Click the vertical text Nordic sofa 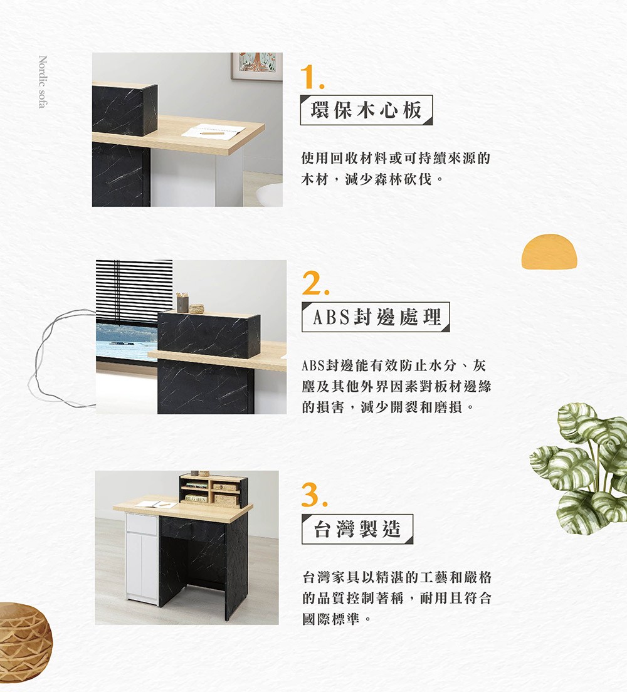click(x=43, y=81)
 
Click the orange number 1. click(x=312, y=77)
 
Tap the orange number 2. click(x=315, y=283)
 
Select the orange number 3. click(x=314, y=495)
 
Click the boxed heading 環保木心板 click(x=366, y=110)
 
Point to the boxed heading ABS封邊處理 click(x=376, y=317)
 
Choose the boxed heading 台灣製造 click(x=357, y=528)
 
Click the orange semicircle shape click(x=549, y=251)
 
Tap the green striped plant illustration click(x=579, y=468)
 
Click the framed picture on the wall click(x=256, y=66)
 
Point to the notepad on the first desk click(x=213, y=130)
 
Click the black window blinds click(x=134, y=293)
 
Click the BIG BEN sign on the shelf click(x=196, y=499)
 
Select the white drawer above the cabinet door click(x=142, y=524)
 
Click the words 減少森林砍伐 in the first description click(x=389, y=179)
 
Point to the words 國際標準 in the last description click(x=330, y=619)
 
